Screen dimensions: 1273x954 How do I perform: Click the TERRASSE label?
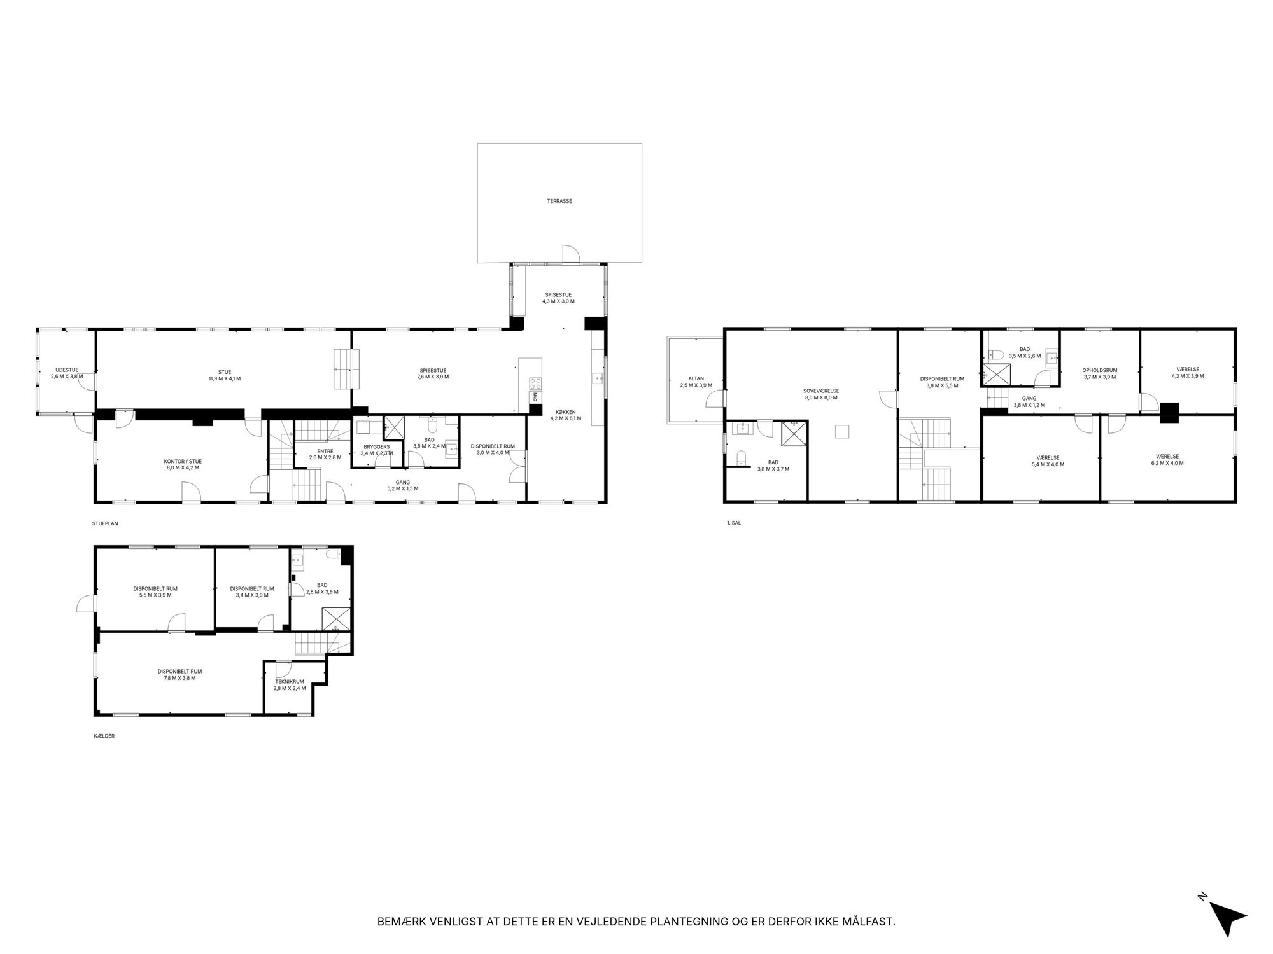pos(559,201)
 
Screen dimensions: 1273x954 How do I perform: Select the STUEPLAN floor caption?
pos(105,524)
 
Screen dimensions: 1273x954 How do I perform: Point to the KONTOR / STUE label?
pos(183,461)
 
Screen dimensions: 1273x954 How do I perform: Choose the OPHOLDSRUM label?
pos(1100,370)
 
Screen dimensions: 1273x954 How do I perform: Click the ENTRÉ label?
pos(325,451)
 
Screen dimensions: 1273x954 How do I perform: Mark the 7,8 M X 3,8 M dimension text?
pos(179,678)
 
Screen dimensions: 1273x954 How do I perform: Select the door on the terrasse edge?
pos(571,255)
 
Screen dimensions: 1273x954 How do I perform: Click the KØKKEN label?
pos(565,412)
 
